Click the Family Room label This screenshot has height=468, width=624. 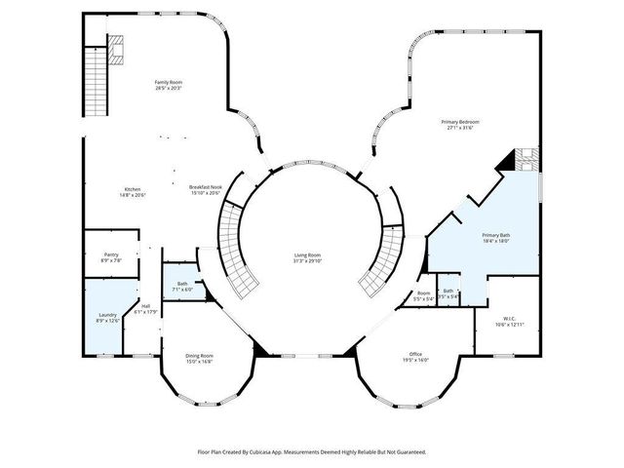(x=169, y=85)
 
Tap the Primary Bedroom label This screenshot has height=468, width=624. (x=462, y=125)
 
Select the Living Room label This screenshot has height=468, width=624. (x=308, y=258)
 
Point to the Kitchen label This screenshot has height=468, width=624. (x=133, y=192)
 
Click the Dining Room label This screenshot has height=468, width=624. (x=199, y=358)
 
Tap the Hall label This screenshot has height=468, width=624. (x=145, y=309)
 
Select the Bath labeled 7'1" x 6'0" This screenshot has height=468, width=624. (x=183, y=287)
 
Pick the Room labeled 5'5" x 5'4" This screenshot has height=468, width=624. (x=423, y=295)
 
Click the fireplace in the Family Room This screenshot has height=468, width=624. (x=116, y=50)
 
